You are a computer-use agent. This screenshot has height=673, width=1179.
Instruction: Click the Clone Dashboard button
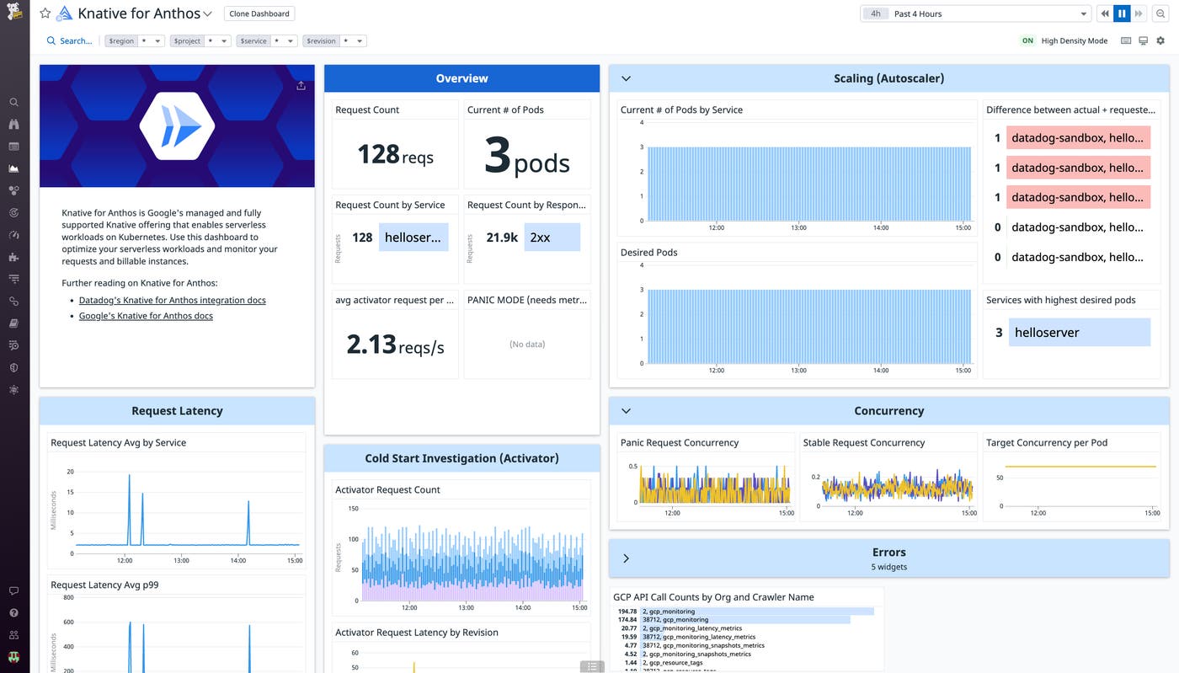[259, 13]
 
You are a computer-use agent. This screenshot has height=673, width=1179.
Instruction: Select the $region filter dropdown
[134, 40]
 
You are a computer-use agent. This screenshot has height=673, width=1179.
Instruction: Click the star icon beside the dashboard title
[45, 13]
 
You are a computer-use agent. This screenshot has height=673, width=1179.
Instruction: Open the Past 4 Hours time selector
[975, 13]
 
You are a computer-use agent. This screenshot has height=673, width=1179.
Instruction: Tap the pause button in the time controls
[1121, 13]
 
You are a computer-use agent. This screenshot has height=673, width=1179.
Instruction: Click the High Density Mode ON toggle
[1027, 40]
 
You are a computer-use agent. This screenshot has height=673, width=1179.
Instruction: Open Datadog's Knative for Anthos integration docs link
[172, 300]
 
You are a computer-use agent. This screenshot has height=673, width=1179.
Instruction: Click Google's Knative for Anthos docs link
[146, 316]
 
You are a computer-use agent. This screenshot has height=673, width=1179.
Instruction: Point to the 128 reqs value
[395, 154]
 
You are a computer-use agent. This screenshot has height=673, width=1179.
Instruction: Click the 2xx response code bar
[552, 238]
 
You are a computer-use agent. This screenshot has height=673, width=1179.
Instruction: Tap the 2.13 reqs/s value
[395, 345]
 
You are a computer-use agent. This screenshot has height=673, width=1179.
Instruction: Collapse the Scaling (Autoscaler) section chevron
[626, 78]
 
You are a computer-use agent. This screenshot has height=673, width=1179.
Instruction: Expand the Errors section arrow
[626, 558]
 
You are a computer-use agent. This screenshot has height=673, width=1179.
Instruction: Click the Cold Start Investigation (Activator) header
[461, 458]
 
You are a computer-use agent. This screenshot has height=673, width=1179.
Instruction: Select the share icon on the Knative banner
[301, 85]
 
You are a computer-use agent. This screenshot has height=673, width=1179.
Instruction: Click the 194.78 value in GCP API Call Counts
[627, 612]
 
